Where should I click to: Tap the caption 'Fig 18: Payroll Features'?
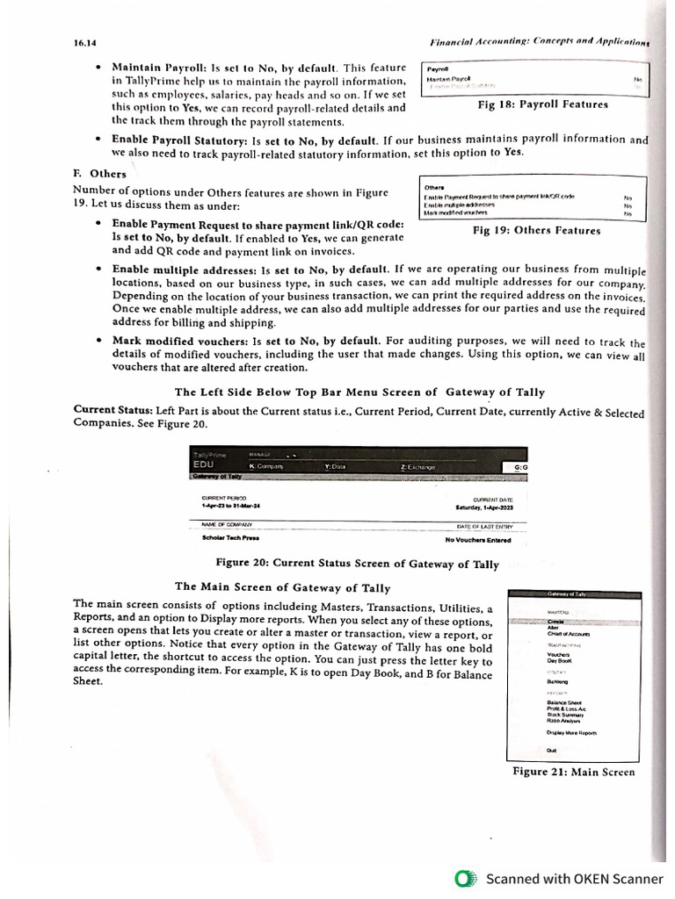[541, 104]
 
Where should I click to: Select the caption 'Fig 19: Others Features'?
[536, 231]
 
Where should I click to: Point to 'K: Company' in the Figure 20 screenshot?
[266, 467]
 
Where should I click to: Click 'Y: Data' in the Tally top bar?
[335, 467]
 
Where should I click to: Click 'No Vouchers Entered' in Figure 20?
[477, 540]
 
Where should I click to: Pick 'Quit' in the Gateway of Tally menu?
[551, 750]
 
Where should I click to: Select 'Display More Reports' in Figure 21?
[572, 731]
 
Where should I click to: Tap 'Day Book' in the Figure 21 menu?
[560, 660]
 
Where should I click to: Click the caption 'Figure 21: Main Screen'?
[574, 773]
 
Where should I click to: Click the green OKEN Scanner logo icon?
[466, 878]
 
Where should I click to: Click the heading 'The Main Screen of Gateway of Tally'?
[282, 586]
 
